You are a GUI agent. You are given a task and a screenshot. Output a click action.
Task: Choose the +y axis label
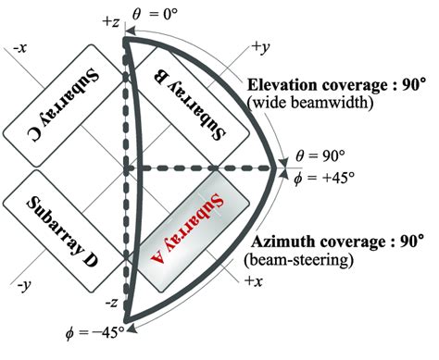pos(261,46)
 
